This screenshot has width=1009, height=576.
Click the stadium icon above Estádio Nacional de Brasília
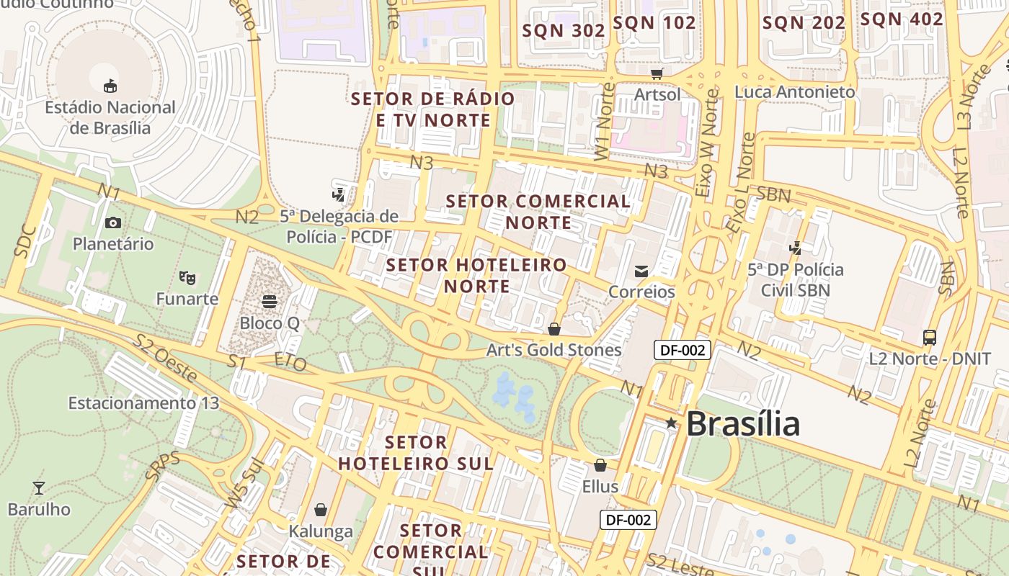[110, 86]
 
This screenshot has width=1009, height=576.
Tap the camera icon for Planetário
[113, 222]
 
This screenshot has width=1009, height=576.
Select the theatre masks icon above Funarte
[187, 276]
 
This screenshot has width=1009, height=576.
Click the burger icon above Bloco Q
[270, 301]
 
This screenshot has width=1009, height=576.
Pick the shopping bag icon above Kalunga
[321, 510]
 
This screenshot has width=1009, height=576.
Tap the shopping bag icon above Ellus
[600, 465]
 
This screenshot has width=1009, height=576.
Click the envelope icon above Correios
[641, 271]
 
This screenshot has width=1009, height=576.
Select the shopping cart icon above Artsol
[657, 73]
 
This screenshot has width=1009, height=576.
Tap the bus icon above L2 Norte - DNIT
[930, 337]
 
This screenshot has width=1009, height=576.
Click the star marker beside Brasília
[671, 423]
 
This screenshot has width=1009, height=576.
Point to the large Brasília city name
[743, 424]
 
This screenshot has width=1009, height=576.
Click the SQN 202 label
[804, 23]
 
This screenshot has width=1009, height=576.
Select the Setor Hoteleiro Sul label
[416, 453]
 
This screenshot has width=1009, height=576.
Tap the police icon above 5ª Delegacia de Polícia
[338, 194]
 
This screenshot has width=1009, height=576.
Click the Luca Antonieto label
[794, 92]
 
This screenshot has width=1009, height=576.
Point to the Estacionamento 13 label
[143, 402]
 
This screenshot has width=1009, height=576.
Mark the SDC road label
[25, 241]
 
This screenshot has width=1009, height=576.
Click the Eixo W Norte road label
[708, 143]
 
